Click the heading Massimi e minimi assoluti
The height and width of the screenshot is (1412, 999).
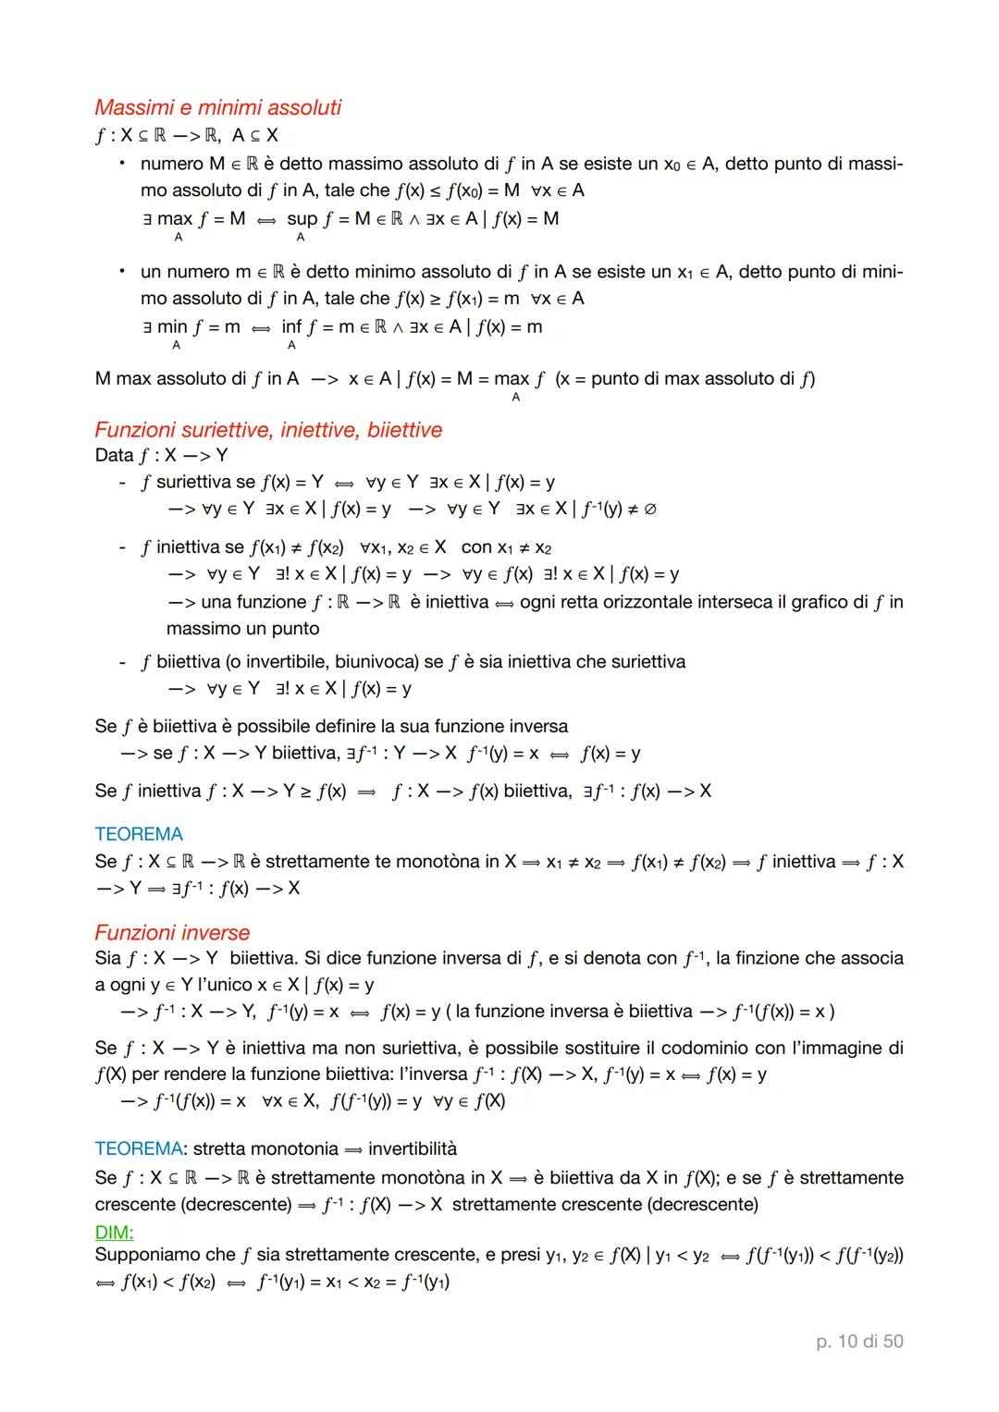pyautogui.click(x=217, y=107)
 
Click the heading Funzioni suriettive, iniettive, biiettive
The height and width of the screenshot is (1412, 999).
pyautogui.click(x=268, y=430)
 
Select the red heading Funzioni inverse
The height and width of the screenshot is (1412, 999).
pyautogui.click(x=172, y=932)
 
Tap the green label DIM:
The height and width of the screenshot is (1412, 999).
pyautogui.click(x=114, y=1232)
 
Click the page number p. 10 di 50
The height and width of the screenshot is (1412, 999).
pyautogui.click(x=859, y=1341)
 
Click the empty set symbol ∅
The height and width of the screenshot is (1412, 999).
pyautogui.click(x=649, y=510)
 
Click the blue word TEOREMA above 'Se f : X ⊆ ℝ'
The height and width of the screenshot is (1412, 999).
pyautogui.click(x=139, y=834)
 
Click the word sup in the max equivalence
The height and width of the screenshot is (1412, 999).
pyautogui.click(x=302, y=219)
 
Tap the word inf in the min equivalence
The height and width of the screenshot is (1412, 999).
pyautogui.click(x=291, y=326)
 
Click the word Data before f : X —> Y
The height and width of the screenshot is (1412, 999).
pyautogui.click(x=115, y=455)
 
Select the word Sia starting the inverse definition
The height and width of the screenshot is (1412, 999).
pyautogui.click(x=108, y=958)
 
